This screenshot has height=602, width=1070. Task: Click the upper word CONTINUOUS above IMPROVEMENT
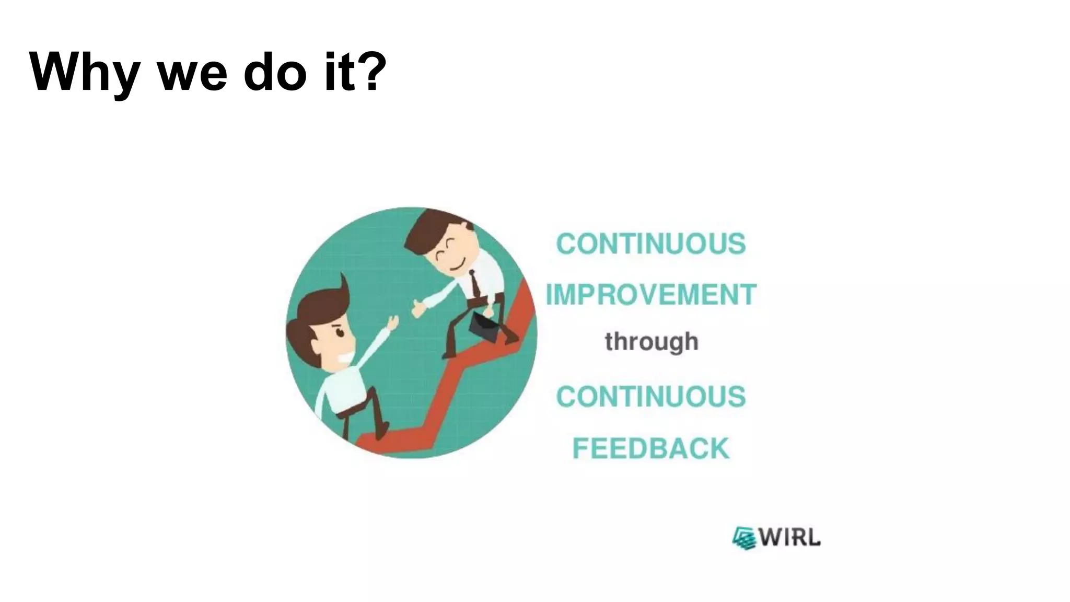coord(650,244)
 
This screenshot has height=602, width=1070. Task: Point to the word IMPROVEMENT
coord(651,294)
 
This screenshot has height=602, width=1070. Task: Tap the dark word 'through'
coord(651,342)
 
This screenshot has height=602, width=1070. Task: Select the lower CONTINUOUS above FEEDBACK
coord(650,397)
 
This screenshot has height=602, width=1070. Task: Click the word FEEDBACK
coord(650,448)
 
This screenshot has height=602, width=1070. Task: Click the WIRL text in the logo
coord(789,537)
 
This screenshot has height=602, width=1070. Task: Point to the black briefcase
coord(483,326)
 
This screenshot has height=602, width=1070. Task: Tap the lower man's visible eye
coord(339,332)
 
